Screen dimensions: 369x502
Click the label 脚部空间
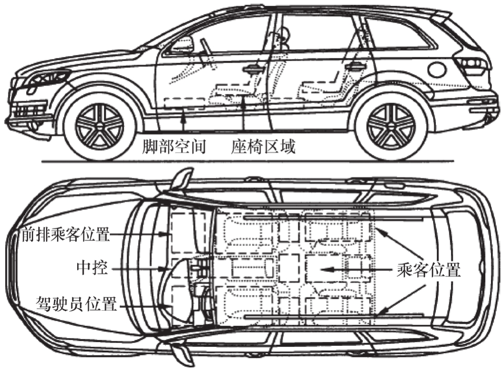coord(174,147)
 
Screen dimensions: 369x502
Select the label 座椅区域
coord(263,147)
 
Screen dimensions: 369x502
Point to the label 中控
coord(91,270)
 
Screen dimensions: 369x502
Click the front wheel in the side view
coord(99,125)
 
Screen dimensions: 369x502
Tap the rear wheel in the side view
coord(391,125)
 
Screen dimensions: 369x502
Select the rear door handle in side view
coord(355,67)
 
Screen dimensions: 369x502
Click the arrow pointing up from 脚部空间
coord(182,121)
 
